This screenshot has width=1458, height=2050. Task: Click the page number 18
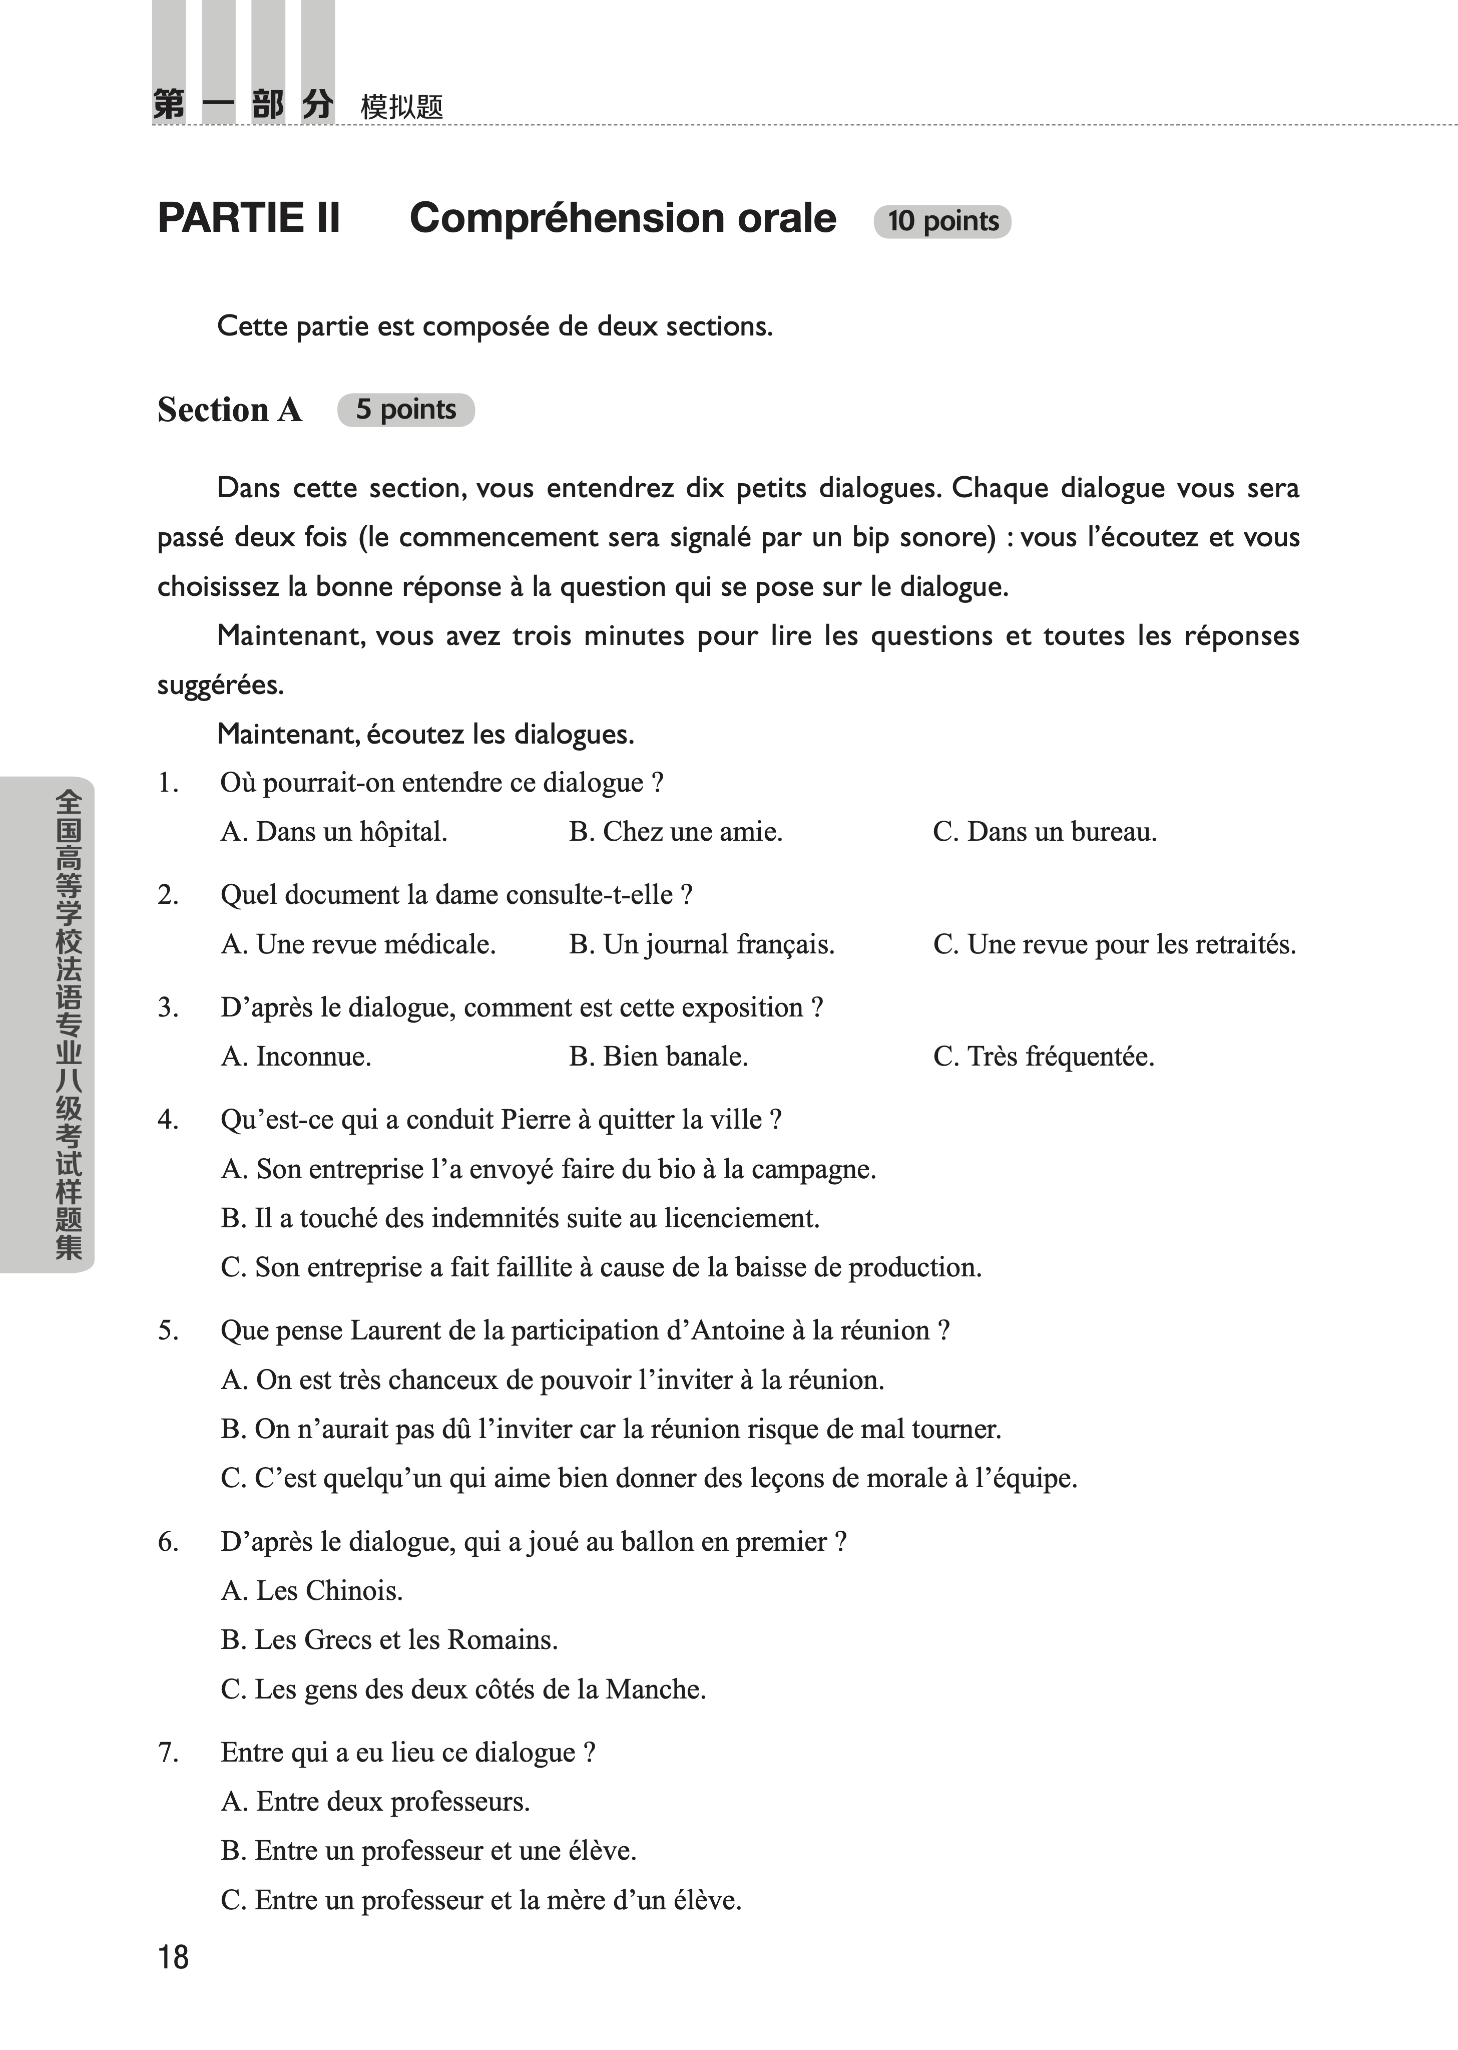173,1957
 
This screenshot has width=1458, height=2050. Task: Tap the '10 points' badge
942,221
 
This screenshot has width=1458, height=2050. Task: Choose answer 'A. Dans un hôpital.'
334,832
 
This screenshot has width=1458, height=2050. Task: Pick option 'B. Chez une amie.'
675,832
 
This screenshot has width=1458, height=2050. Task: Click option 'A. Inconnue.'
296,1056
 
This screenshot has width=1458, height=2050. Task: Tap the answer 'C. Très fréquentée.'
1043,1056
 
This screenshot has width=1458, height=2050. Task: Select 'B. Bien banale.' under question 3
658,1056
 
